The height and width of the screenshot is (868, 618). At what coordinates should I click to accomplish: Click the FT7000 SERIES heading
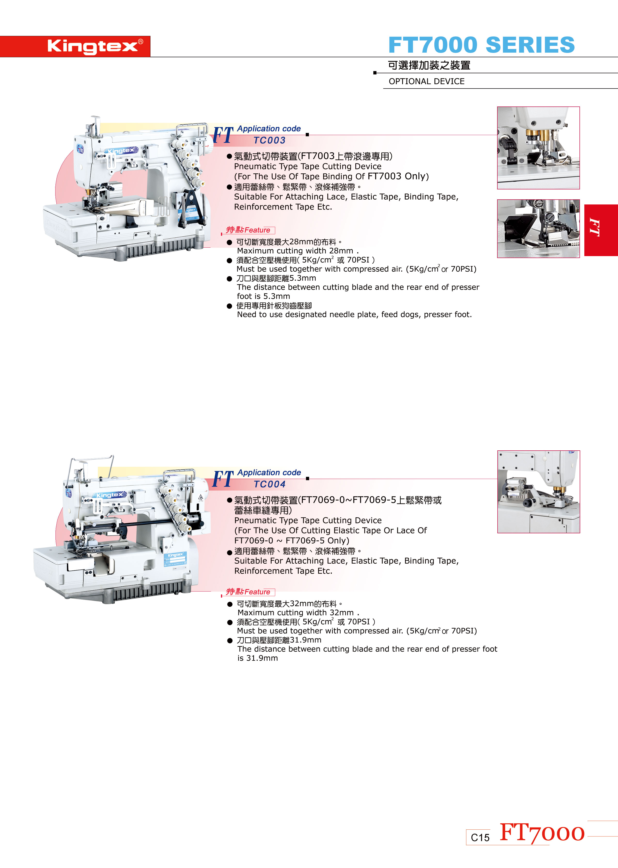tap(481, 45)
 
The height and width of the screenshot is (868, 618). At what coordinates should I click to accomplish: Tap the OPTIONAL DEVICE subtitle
tap(427, 81)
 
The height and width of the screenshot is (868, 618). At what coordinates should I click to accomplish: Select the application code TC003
tap(269, 140)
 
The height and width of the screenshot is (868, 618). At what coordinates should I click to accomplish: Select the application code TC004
tap(269, 485)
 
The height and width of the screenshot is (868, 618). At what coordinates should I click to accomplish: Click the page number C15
tap(480, 837)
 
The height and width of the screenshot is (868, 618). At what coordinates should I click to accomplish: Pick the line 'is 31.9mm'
tap(258, 658)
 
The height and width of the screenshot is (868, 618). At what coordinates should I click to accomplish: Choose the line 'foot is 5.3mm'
tap(263, 296)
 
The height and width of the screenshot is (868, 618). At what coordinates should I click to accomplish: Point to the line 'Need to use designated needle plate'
tap(354, 315)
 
